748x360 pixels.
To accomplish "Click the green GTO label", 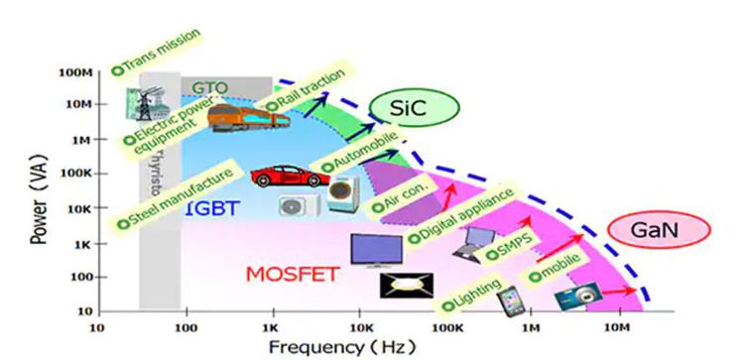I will [x=210, y=87].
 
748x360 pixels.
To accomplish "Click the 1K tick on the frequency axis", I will [x=271, y=326].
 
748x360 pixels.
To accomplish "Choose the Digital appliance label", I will [x=462, y=214].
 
